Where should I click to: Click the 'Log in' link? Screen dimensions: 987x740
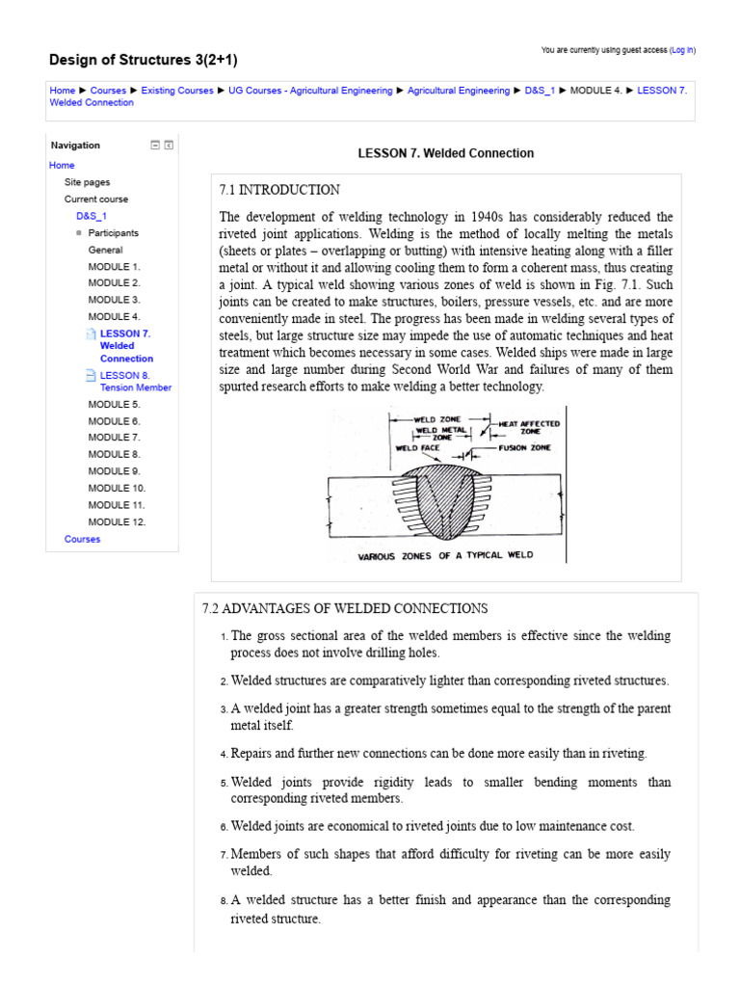[682, 50]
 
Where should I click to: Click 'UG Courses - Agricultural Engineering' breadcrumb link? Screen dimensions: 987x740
[310, 91]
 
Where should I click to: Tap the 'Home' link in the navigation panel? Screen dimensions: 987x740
[62, 166]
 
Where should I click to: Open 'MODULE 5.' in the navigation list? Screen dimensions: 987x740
[114, 405]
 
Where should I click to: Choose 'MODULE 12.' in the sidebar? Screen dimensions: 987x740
[117, 522]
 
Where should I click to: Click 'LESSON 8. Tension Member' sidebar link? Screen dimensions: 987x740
[135, 382]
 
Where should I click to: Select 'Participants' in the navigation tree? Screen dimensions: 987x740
[113, 233]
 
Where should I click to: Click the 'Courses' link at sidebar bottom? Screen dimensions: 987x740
[82, 540]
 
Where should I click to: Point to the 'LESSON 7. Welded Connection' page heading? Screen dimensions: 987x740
[445, 153]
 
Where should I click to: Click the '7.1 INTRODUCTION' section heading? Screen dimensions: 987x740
[279, 190]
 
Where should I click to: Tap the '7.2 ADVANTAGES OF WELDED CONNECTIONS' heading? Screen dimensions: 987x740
[345, 609]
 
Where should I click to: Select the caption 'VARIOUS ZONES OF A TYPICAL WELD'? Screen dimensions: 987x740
[445, 556]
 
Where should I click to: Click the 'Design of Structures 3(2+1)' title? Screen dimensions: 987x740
[144, 60]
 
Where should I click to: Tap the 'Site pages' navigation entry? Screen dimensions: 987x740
[87, 182]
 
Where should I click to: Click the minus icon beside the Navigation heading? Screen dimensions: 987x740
[154, 146]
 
